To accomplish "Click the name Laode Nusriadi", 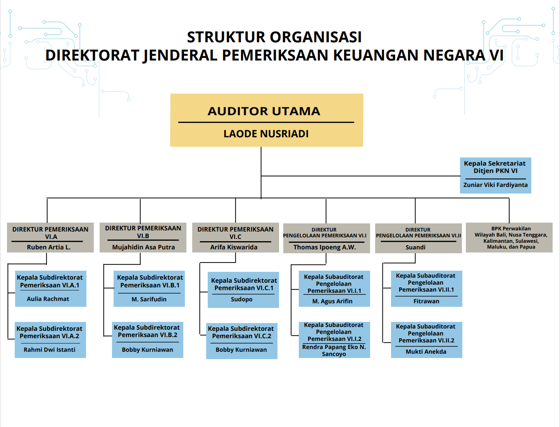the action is (266, 134).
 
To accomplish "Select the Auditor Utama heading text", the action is (264, 111).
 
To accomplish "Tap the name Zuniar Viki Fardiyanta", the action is (495, 185).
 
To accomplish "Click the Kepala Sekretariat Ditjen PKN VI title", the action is (495, 167).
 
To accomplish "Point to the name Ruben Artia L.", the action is (49, 247).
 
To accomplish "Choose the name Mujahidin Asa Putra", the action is (143, 247).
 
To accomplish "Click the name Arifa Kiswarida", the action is (234, 247).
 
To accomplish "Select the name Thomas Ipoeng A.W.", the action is (324, 247).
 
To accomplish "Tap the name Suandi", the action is (415, 247).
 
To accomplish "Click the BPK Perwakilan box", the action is (509, 238).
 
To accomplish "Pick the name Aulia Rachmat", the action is (48, 299).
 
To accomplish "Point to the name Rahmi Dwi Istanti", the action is (50, 349).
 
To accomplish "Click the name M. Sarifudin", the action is (149, 299).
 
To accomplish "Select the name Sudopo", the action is (241, 299).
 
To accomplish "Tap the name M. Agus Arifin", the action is (332, 301).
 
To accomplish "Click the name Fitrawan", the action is (426, 301).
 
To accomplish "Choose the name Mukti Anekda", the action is (426, 351).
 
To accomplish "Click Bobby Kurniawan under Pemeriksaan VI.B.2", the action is (148, 349).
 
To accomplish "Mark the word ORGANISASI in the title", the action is (316, 37).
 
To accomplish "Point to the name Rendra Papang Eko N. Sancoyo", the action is (334, 351).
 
